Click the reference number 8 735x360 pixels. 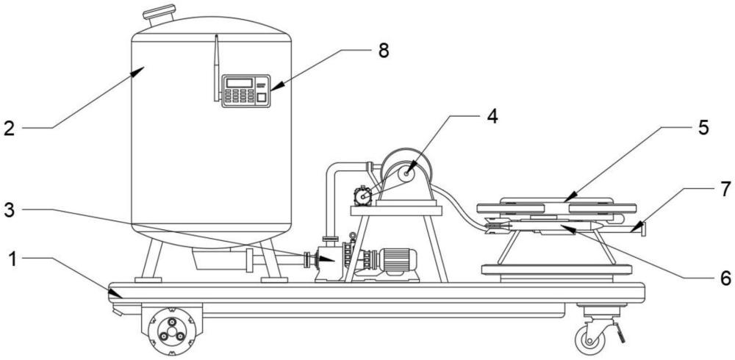384,51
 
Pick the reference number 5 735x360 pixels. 703,128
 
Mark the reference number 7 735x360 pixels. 725,189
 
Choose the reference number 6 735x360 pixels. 725,278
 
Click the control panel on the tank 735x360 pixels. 246,91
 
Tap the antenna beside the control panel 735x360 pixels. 217,68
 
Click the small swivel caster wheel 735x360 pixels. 589,341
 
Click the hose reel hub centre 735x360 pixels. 406,174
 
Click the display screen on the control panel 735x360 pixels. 239,82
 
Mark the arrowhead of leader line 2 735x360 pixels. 139,71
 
